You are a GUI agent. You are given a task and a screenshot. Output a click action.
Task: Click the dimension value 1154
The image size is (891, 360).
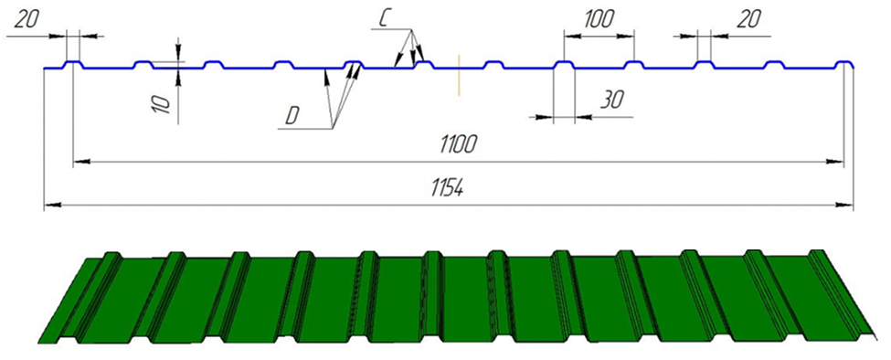click(448, 189)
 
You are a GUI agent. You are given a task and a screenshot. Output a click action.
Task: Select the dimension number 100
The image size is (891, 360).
click(599, 20)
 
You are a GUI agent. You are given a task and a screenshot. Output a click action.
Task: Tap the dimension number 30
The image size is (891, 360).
click(612, 100)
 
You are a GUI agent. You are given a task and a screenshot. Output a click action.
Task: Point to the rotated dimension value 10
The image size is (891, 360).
click(162, 104)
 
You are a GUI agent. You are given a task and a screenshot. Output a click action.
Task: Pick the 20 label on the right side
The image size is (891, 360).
click(748, 20)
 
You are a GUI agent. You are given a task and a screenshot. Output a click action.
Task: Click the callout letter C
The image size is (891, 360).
click(384, 19)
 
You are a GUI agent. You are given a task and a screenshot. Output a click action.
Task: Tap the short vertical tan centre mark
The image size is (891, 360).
click(458, 75)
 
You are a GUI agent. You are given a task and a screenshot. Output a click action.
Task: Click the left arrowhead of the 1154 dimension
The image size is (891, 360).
click(52, 204)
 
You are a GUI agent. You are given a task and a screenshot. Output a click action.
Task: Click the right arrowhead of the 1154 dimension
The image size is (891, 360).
click(845, 204)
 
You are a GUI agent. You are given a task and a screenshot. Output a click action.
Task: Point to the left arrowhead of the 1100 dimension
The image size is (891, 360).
click(82, 162)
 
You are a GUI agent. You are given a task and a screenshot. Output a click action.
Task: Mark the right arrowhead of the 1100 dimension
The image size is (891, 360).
click(834, 162)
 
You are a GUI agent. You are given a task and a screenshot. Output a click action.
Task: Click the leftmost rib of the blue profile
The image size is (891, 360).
click(73, 64)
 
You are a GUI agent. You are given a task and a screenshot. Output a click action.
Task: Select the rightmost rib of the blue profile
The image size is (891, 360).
click(844, 64)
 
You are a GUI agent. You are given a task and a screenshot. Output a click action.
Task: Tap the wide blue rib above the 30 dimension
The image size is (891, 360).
click(564, 64)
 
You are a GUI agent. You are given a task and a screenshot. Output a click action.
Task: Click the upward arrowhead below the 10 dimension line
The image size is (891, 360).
click(178, 79)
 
